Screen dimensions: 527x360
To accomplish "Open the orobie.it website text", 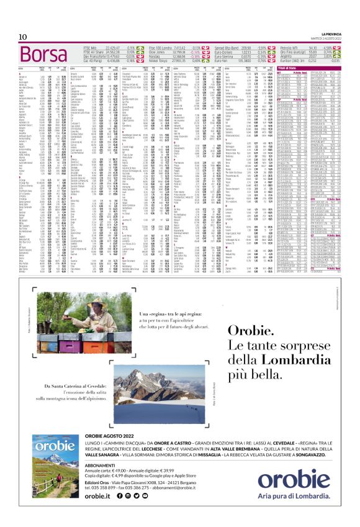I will [97, 495].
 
